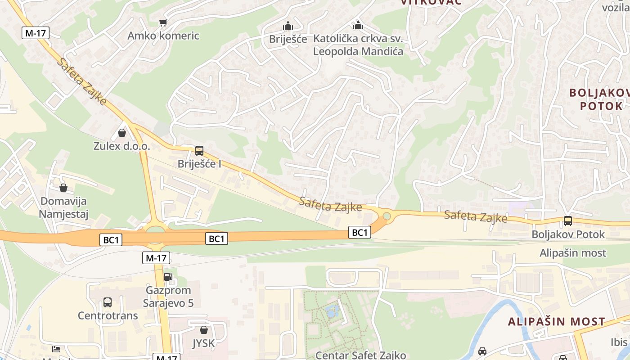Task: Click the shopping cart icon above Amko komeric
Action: (x=163, y=22)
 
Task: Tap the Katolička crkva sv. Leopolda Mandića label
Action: (x=358, y=45)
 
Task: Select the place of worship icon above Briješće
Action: (x=288, y=26)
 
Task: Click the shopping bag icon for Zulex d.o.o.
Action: (x=121, y=133)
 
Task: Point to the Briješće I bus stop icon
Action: (x=199, y=150)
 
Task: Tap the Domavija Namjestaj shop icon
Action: (x=63, y=187)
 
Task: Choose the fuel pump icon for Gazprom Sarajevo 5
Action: (x=168, y=277)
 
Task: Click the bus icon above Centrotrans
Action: (x=108, y=302)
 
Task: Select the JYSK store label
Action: (x=203, y=343)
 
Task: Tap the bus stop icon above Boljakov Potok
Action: (x=568, y=221)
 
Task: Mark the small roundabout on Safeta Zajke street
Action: (x=386, y=216)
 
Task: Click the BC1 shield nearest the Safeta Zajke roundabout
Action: (x=360, y=233)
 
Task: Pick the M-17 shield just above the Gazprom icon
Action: (x=156, y=258)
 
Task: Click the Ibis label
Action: (x=619, y=342)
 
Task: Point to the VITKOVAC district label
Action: (x=431, y=2)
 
